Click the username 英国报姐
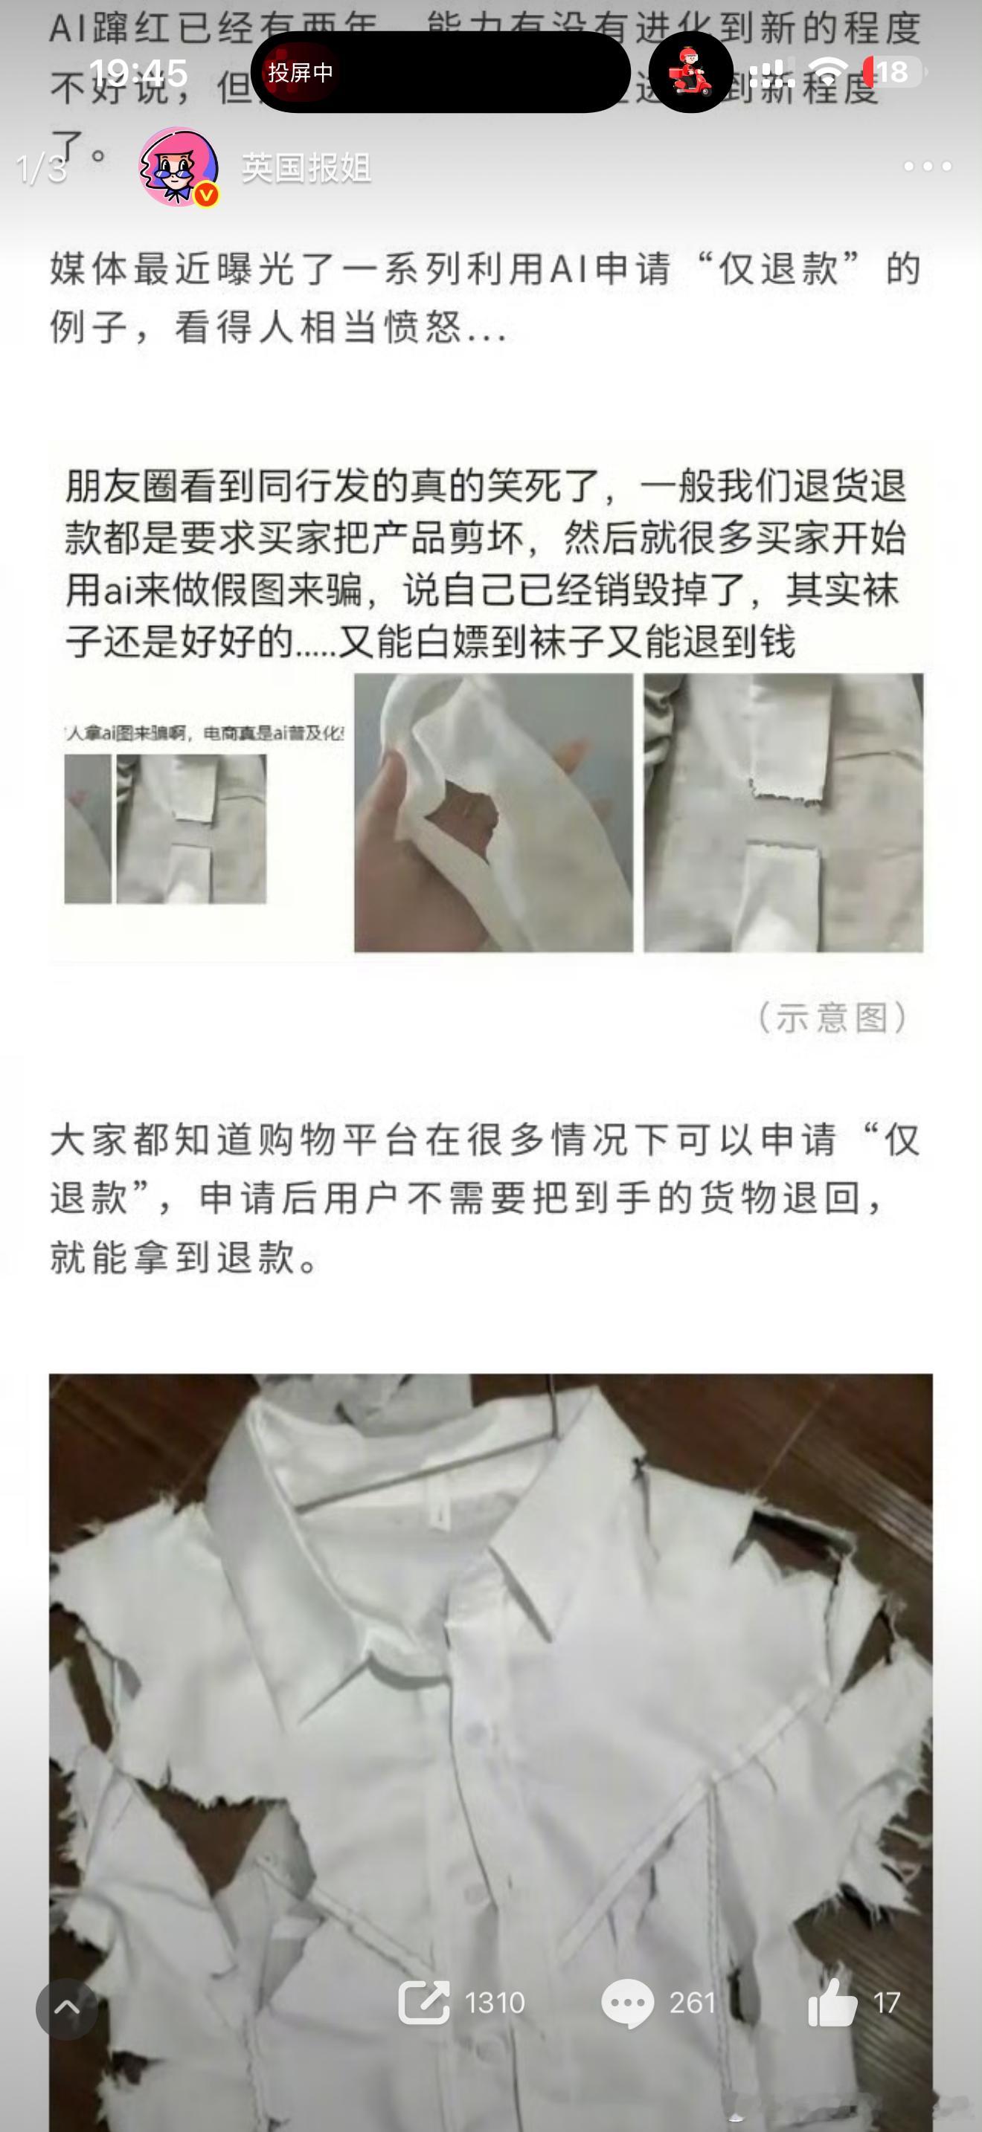coord(306,168)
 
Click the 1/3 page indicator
coord(42,169)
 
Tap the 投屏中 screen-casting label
coord(300,73)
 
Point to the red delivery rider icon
coord(690,72)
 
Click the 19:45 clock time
coord(138,73)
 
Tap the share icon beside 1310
coord(423,2002)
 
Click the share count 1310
coord(494,2003)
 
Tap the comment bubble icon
coord(627,2003)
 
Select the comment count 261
coord(691,2003)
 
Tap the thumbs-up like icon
coord(832,2001)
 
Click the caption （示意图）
coord(832,1017)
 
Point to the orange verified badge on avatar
coord(206,196)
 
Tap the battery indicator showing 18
coord(893,73)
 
